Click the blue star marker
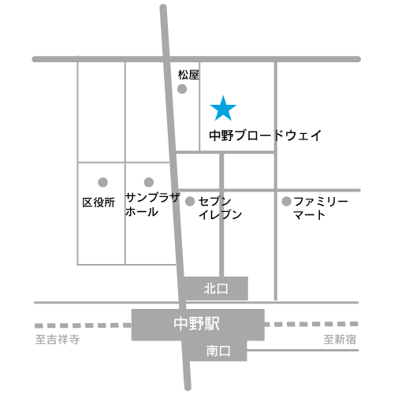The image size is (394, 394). (x=223, y=109)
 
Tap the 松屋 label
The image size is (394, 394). (x=188, y=75)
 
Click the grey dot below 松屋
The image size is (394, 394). (x=182, y=89)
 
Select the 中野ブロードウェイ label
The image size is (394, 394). (x=266, y=136)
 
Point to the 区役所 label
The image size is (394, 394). (x=98, y=203)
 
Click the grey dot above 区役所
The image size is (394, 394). (x=103, y=182)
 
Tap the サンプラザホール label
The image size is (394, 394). (x=153, y=205)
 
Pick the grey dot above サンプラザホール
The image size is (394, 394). (x=149, y=182)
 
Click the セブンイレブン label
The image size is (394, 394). (x=220, y=208)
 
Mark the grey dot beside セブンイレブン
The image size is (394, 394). (x=190, y=202)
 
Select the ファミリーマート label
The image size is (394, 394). (x=321, y=208)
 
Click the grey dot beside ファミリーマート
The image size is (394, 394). (x=287, y=202)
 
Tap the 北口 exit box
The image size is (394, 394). (x=216, y=288)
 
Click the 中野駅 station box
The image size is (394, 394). (x=198, y=325)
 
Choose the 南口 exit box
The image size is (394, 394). (x=218, y=351)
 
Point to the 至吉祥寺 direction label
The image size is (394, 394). (x=58, y=340)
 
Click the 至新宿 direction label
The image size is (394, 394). (x=340, y=340)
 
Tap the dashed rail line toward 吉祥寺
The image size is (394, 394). (x=83, y=325)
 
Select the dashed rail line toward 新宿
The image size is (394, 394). (x=311, y=324)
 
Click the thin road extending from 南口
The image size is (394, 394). (x=303, y=350)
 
